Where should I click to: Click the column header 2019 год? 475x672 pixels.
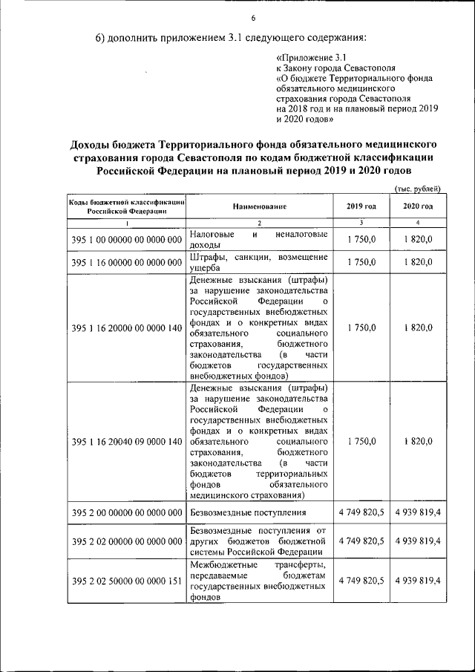click(x=361, y=206)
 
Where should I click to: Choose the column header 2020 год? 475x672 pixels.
click(x=418, y=206)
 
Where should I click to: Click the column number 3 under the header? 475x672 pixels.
click(x=361, y=222)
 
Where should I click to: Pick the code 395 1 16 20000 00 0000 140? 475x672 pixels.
click(x=127, y=327)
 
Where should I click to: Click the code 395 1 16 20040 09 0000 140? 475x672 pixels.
click(x=127, y=442)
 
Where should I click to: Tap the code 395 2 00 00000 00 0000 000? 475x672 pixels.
click(x=127, y=513)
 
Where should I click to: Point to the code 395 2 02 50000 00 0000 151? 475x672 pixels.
click(x=127, y=581)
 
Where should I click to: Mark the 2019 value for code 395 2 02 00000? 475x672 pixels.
click(x=361, y=541)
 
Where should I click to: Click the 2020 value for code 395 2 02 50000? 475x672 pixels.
click(x=418, y=581)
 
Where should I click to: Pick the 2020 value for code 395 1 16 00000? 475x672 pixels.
click(x=418, y=262)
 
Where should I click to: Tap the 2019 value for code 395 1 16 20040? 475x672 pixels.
click(x=361, y=442)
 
